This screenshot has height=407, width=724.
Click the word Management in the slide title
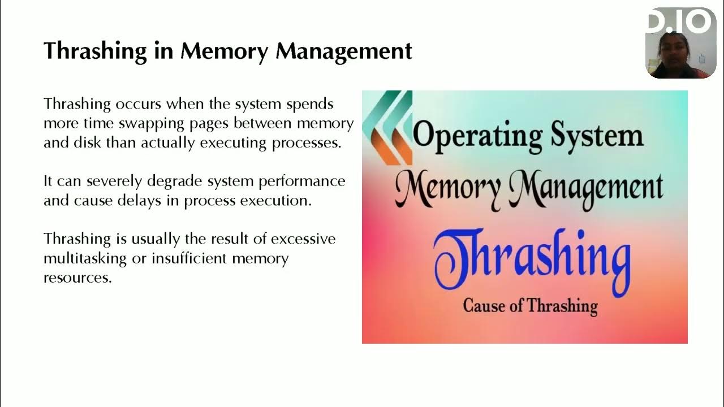(x=344, y=51)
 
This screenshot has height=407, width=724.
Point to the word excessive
(x=303, y=239)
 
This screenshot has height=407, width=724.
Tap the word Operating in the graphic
(x=479, y=135)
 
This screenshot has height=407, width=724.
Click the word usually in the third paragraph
(x=158, y=239)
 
